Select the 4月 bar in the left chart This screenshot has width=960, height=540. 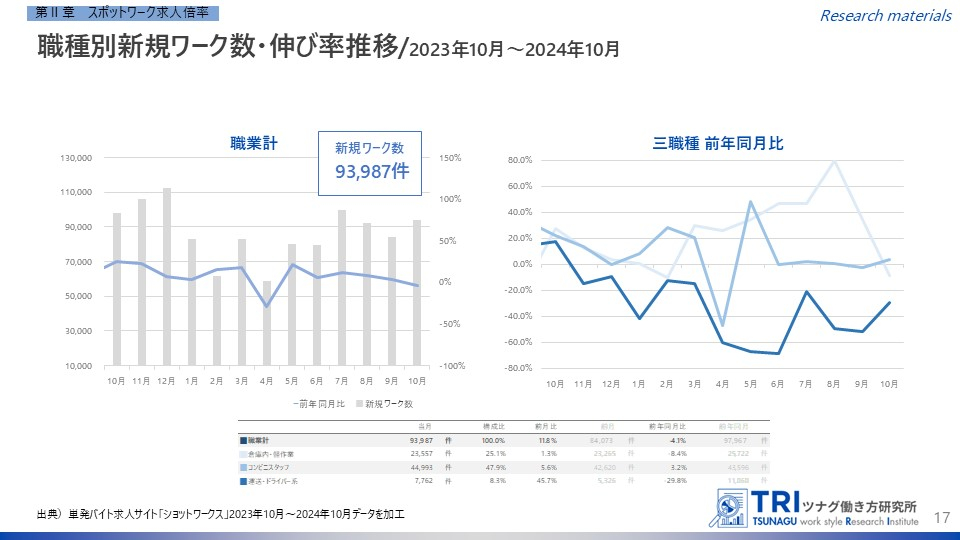click(267, 323)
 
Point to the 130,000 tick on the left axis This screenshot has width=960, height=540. click(76, 158)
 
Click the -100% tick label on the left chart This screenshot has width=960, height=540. click(451, 366)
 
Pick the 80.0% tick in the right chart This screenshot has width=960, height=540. click(519, 160)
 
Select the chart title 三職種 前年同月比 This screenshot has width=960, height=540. click(718, 143)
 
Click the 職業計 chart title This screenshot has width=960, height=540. click(253, 143)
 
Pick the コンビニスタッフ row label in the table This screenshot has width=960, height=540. click(273, 466)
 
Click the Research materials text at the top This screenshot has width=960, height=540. click(885, 15)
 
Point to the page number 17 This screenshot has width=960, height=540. click(940, 517)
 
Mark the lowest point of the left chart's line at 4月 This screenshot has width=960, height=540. click(267, 305)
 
